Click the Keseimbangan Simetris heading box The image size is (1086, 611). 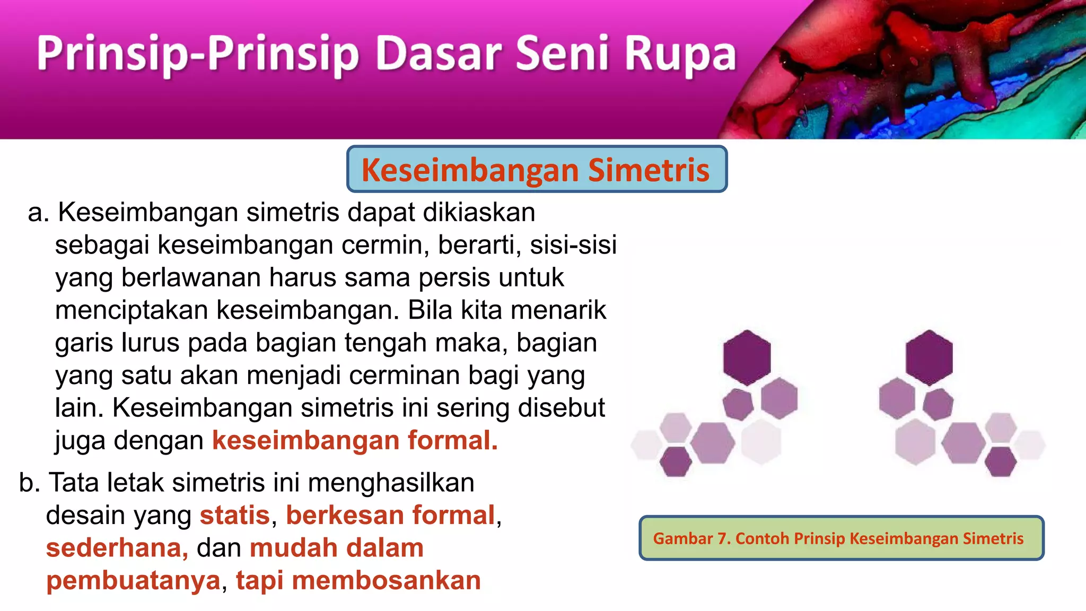pos(536,169)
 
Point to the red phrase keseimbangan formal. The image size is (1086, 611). pos(355,440)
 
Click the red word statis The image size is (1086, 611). pos(235,516)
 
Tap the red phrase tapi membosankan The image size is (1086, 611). pos(358,580)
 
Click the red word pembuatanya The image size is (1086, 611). pos(133,580)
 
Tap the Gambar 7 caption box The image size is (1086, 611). pos(841,538)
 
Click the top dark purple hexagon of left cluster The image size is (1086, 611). pos(747,357)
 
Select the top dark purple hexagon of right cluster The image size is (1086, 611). pos(929,357)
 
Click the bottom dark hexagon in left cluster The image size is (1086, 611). pos(676,461)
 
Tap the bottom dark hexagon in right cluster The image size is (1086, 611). pos(1001,461)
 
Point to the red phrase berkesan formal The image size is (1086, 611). pos(390,516)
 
